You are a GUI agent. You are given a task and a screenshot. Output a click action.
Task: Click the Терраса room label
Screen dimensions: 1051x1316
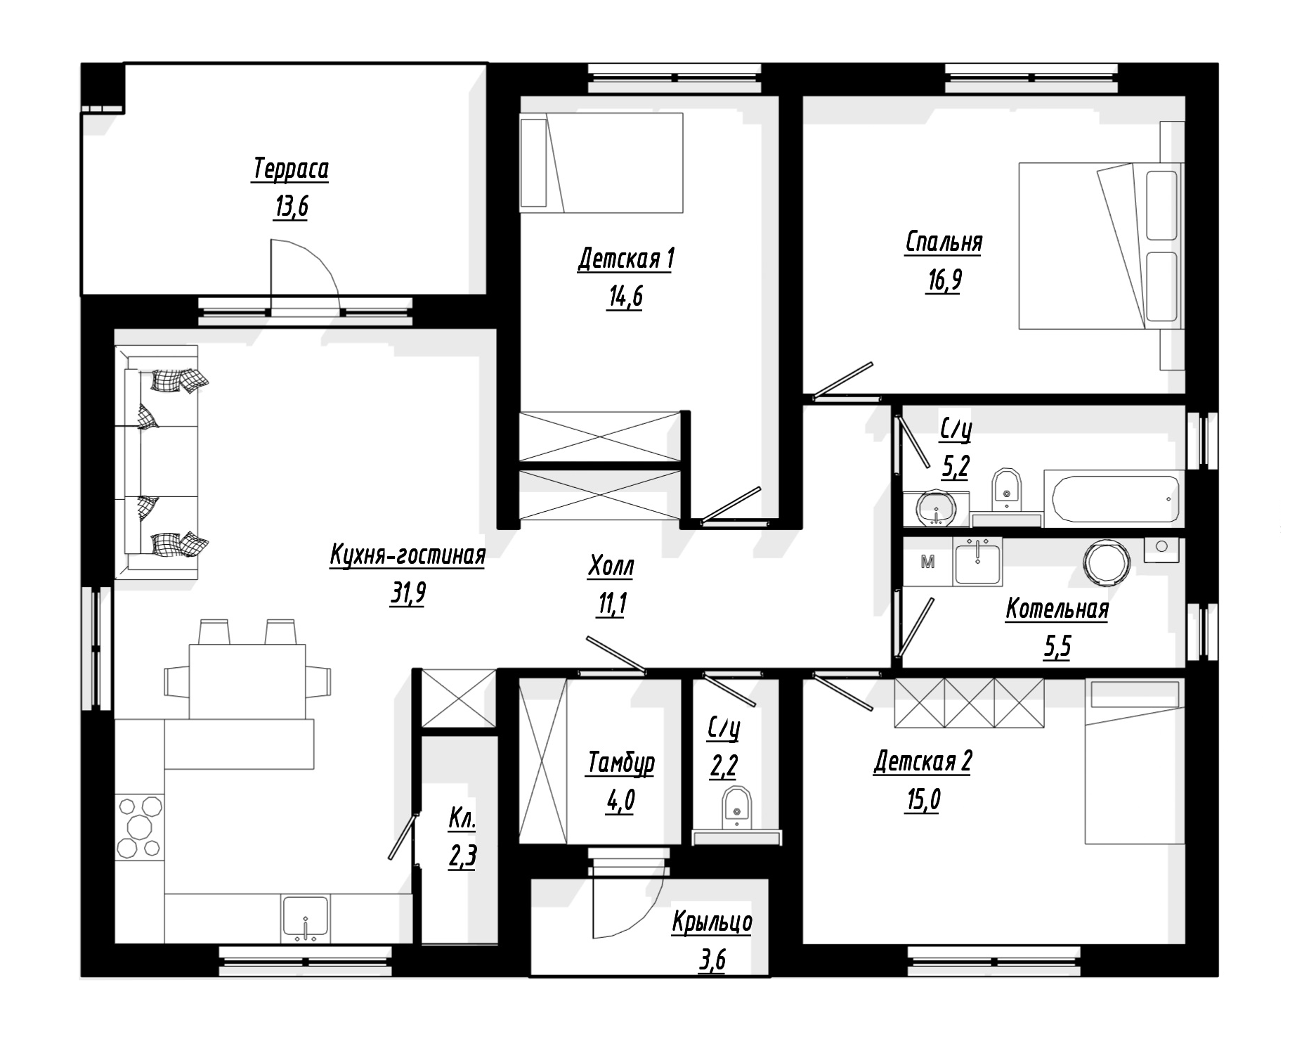point(290,169)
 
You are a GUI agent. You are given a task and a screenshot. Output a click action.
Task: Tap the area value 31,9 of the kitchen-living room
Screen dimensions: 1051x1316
point(408,594)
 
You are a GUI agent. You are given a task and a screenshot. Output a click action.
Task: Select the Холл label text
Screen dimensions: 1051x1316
point(611,566)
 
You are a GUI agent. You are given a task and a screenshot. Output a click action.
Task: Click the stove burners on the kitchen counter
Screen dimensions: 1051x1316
point(139,826)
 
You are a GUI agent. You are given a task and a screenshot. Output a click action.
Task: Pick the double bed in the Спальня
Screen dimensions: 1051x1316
point(1099,246)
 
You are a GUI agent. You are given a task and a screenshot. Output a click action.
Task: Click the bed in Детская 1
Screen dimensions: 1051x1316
point(601,164)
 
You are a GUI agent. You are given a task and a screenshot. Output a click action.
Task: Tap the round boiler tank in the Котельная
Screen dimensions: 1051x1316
point(1107,563)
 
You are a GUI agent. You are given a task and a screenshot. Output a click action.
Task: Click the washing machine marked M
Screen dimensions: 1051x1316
point(927,562)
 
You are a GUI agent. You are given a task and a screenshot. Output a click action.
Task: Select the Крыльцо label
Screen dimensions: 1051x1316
point(712,922)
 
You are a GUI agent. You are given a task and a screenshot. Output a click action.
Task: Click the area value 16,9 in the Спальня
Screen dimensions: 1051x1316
point(944,281)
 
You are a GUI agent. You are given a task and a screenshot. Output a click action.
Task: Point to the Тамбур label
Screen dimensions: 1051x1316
point(620,763)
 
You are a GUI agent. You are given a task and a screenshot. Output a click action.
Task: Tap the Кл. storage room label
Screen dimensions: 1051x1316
point(462,819)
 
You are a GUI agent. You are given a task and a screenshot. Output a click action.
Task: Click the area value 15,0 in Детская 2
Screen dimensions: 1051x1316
point(923,800)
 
